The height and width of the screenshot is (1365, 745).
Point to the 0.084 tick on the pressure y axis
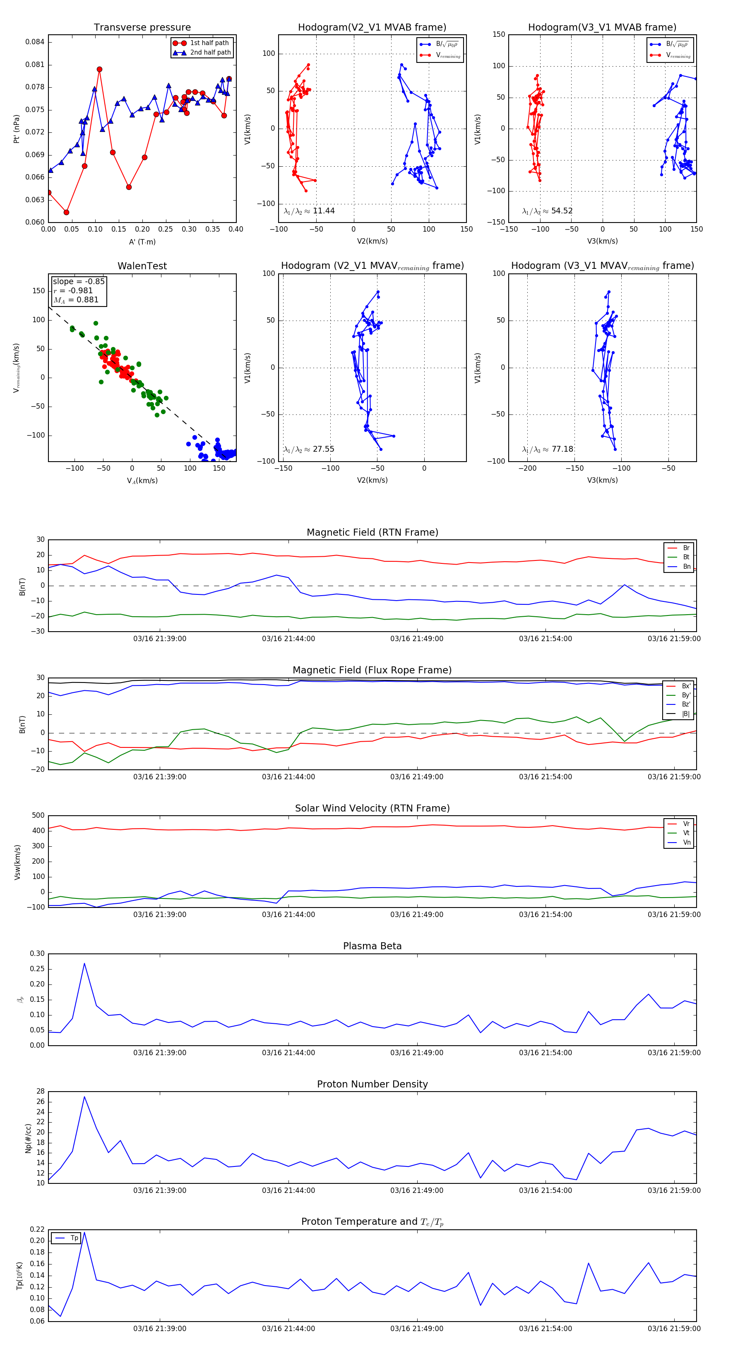coord(35,42)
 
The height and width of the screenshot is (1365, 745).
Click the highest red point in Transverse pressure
coord(100,69)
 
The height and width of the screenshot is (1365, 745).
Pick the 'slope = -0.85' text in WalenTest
coord(79,281)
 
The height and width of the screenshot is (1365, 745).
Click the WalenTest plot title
coord(142,266)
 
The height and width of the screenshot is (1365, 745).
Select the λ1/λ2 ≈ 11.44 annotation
coord(309,211)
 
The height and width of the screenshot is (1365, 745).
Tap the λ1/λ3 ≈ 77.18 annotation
coord(547,449)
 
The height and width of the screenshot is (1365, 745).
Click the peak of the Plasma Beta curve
coord(84,963)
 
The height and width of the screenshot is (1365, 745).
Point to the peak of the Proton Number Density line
coord(84,1097)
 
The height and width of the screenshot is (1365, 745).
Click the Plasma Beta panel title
coord(372,946)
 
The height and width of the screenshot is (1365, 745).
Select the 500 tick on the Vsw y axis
coord(38,816)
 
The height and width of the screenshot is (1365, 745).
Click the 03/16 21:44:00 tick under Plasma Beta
coord(288,1052)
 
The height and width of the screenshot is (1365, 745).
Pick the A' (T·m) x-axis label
coord(142,242)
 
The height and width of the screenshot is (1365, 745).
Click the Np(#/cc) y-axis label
coord(28,1137)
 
